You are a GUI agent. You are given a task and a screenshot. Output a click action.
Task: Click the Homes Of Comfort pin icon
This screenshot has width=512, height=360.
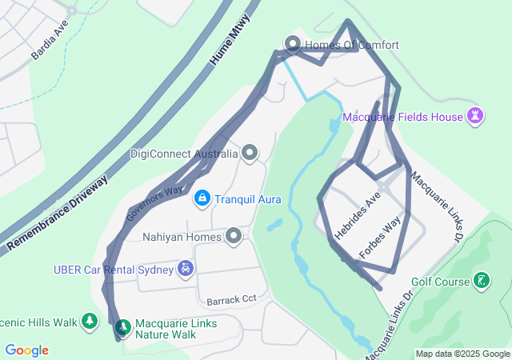[292, 45]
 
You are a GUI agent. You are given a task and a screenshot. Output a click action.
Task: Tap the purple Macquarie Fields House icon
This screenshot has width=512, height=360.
[476, 117]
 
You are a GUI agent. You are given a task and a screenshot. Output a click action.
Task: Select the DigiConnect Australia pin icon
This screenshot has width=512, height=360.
[250, 153]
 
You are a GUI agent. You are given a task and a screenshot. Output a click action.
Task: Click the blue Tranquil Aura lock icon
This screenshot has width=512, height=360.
[202, 198]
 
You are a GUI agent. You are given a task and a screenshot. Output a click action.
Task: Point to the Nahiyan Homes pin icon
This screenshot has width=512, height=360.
[234, 236]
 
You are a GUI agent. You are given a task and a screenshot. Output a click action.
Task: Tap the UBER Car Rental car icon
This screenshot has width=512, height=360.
[186, 270]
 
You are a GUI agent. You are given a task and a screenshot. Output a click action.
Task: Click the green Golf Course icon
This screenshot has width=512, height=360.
[482, 281]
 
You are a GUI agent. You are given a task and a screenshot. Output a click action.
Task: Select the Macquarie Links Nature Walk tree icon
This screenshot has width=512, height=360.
[122, 327]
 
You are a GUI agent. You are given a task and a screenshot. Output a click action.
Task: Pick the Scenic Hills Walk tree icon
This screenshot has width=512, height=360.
[90, 322]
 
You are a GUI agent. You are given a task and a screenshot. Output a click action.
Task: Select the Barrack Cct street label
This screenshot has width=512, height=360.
[231, 300]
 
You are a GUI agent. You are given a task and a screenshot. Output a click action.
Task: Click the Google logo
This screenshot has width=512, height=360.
[26, 350]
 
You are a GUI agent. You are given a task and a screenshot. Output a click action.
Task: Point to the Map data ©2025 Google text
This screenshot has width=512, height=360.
[462, 354]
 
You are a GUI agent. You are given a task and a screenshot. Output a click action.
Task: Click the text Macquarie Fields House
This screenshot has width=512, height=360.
[403, 117]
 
